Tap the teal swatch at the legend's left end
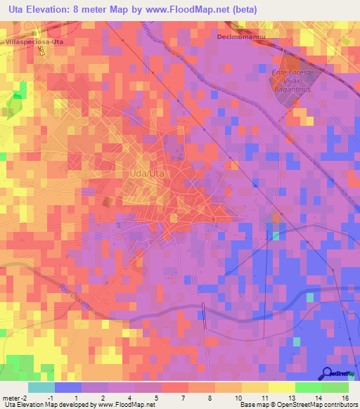tap(41, 387)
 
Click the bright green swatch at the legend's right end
tap(335, 387)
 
